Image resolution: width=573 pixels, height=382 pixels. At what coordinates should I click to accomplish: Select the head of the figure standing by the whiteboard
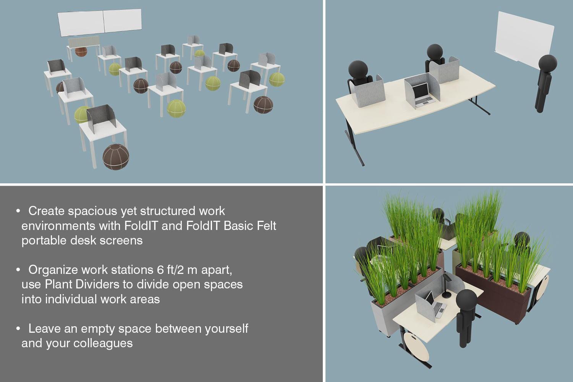[548, 63]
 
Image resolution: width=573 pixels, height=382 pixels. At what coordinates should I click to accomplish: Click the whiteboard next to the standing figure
[524, 40]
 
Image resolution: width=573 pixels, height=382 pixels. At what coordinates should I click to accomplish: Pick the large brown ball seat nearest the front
[116, 157]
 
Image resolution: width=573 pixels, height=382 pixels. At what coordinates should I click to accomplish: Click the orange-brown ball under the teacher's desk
[81, 52]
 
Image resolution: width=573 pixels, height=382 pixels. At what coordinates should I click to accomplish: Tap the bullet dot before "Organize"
[18, 270]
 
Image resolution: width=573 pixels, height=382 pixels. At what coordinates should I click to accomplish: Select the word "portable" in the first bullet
[44, 241]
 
